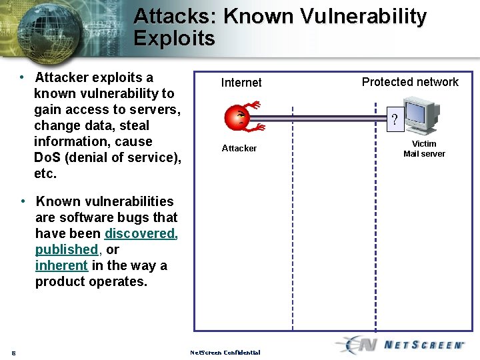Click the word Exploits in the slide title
click(x=175, y=38)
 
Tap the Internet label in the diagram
click(x=241, y=83)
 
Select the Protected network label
click(x=410, y=82)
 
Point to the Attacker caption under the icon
click(x=239, y=148)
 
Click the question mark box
click(x=395, y=121)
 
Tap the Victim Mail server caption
click(x=424, y=149)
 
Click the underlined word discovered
click(x=141, y=233)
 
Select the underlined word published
click(x=67, y=249)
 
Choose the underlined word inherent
click(x=61, y=265)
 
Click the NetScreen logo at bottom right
click(x=400, y=345)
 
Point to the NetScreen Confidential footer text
click(x=225, y=352)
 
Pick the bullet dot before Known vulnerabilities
click(x=23, y=201)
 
